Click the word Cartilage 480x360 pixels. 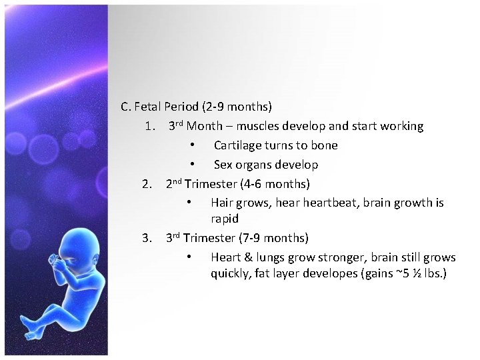(237, 145)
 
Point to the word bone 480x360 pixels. (325, 145)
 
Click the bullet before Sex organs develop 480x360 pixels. (191, 165)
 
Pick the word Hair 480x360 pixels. (222, 203)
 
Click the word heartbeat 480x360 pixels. (331, 203)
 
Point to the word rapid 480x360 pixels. (225, 219)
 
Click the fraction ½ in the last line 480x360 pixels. (415, 273)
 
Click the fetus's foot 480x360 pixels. (30, 327)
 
